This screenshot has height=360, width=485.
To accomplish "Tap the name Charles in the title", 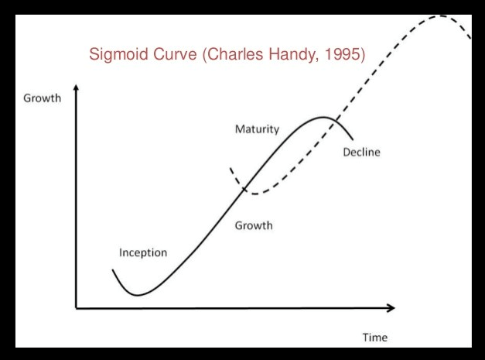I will pos(237,55).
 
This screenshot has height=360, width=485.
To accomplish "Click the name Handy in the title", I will pos(295,55).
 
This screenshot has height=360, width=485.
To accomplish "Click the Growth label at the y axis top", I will pos(42,98).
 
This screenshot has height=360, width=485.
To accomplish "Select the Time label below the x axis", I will pos(375,338).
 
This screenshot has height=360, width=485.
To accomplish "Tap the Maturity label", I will pos(257,129).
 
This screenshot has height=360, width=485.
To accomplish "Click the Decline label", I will pos(361,153).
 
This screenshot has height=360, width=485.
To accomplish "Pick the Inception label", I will pos(142,252).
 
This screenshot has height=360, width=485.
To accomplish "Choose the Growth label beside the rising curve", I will pos(254,226).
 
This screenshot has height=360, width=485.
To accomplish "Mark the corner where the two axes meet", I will pos(76,308).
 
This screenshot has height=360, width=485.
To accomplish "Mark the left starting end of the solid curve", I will pos(113,270).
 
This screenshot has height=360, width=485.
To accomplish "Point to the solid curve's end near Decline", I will pos(353,140).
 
